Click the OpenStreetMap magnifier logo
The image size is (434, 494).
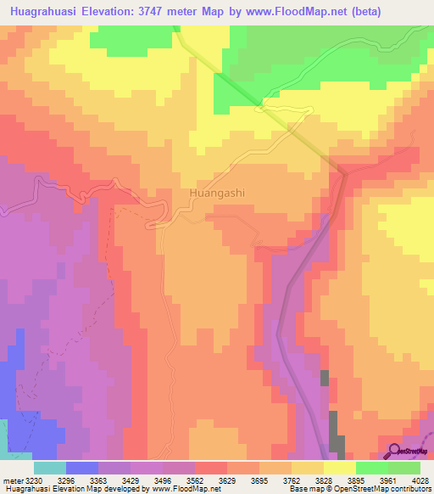coord(395,450)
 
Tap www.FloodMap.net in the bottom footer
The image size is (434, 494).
coord(182,488)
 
